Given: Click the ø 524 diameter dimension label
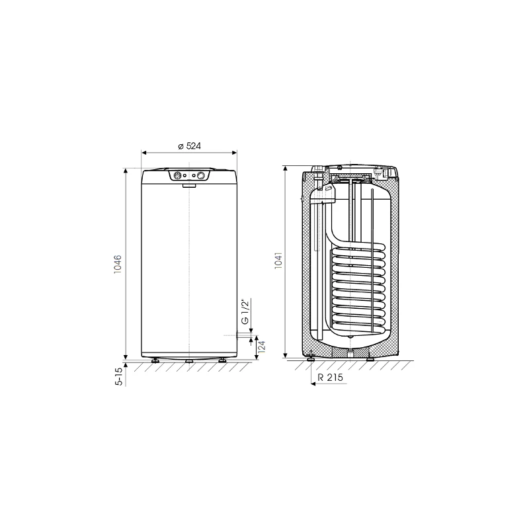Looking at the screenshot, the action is point(189,145).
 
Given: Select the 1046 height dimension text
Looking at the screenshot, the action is point(118,264).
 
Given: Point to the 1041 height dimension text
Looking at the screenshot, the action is point(278,261).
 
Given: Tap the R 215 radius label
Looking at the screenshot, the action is point(330,377).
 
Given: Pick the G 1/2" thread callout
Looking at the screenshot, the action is point(245,311).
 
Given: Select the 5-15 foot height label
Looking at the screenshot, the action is point(119,376).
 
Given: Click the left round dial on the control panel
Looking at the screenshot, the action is point(177,175).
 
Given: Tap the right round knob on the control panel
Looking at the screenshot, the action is point(201,175).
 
